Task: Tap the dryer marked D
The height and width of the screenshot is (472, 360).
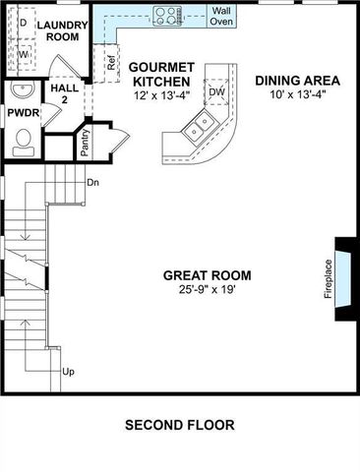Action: [x=22, y=22]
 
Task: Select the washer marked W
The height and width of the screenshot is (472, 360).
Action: [x=22, y=55]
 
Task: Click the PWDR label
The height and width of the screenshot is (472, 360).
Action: [x=23, y=113]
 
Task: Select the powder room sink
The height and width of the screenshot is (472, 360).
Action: [x=21, y=91]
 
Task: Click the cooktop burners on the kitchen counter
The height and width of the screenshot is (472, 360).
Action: [x=168, y=15]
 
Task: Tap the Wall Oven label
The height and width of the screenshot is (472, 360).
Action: [x=221, y=15]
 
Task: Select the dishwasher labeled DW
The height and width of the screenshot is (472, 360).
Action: [x=216, y=92]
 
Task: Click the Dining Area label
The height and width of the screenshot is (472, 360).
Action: [x=297, y=81]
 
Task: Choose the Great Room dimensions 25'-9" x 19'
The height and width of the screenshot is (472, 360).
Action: [x=208, y=289]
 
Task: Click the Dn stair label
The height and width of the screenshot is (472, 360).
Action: [x=92, y=183]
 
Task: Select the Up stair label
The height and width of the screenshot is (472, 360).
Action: [x=69, y=372]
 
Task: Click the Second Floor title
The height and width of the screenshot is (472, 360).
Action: [x=179, y=426]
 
